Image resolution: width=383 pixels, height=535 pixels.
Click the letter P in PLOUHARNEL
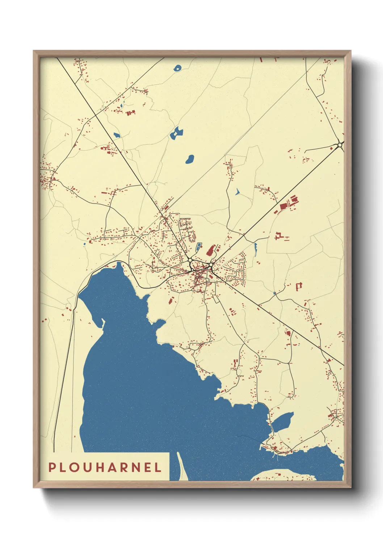52,467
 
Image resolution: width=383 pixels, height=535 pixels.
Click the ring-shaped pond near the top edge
178,68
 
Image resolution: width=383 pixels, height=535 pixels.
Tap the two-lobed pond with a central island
176,133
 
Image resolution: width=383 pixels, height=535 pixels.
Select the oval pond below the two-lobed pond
190,159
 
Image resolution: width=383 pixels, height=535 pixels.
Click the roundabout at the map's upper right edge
340,145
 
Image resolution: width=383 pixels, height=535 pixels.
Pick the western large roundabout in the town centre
190,260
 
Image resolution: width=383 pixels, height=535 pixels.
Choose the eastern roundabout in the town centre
211,265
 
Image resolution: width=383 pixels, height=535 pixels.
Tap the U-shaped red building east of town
299,287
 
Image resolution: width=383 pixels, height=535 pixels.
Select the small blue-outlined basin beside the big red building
198,248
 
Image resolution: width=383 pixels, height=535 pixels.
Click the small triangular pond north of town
237,192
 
